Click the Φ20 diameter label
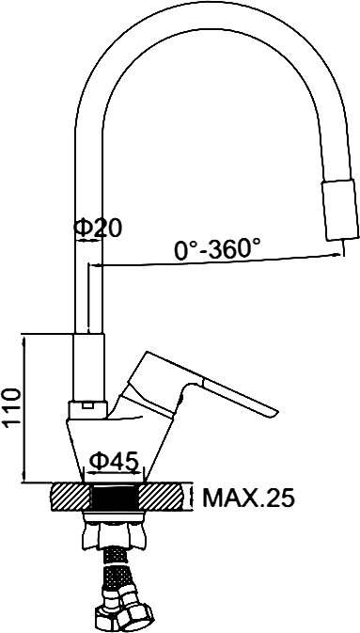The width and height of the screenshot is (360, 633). point(97,229)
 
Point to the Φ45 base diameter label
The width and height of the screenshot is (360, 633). point(114,461)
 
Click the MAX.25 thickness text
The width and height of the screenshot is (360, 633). point(248,498)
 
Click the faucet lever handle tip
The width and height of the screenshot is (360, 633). point(272,413)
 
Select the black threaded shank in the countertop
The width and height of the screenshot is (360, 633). point(114,498)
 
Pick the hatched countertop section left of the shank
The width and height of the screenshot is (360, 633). point(70,498)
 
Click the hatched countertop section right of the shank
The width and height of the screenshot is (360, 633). point(164,498)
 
